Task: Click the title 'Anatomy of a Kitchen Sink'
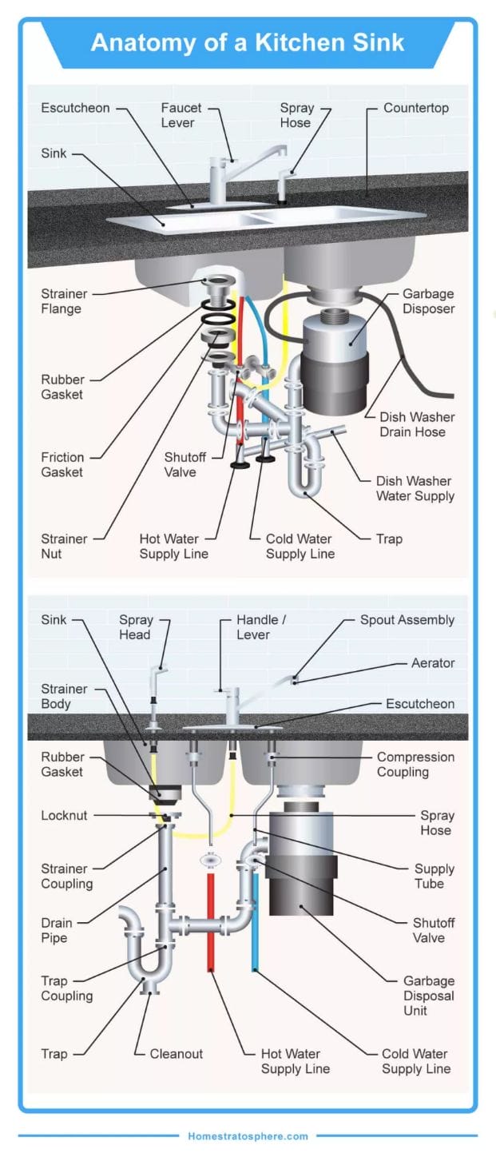click(248, 42)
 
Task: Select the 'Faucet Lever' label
click(181, 115)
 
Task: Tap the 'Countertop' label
click(416, 108)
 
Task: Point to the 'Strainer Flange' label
click(65, 301)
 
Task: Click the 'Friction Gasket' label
click(62, 464)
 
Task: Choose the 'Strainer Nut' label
click(65, 546)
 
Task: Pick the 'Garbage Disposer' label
click(428, 301)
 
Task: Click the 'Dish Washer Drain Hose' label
click(417, 424)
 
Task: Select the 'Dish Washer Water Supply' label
click(415, 488)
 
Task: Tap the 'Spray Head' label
click(135, 627)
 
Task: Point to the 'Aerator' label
click(433, 663)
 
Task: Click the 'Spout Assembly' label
click(407, 620)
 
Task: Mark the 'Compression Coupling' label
click(415, 764)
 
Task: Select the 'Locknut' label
click(65, 816)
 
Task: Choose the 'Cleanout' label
click(177, 1054)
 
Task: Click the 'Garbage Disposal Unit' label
click(428, 996)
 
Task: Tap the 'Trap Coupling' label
click(67, 988)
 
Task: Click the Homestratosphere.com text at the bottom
click(248, 1135)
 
